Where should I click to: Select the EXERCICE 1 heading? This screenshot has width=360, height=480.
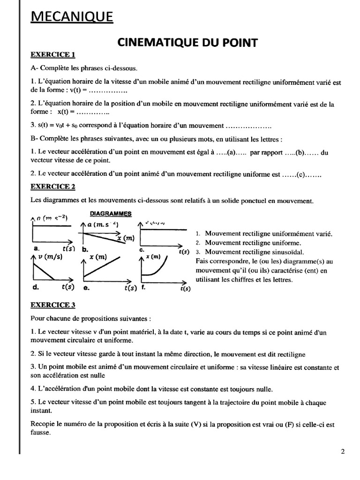tap(53, 55)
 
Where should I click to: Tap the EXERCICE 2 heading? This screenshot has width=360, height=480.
tap(53, 187)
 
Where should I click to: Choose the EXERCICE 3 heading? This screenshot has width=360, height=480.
tap(53, 305)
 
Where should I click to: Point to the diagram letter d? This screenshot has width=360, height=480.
tap(36, 287)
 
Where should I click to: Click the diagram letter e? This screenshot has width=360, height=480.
tap(86, 288)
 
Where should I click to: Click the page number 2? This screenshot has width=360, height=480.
tap(343, 452)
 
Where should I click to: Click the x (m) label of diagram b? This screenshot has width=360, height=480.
tap(125, 238)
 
